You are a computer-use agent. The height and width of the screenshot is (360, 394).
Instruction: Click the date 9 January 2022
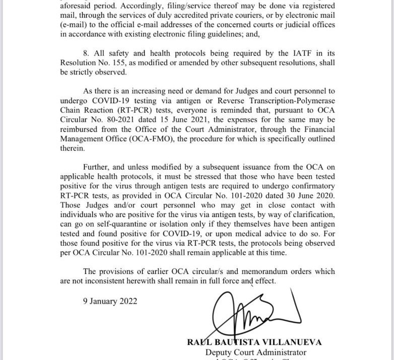coord(109,301)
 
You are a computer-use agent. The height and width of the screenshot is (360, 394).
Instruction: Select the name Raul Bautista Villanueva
coord(254,342)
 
